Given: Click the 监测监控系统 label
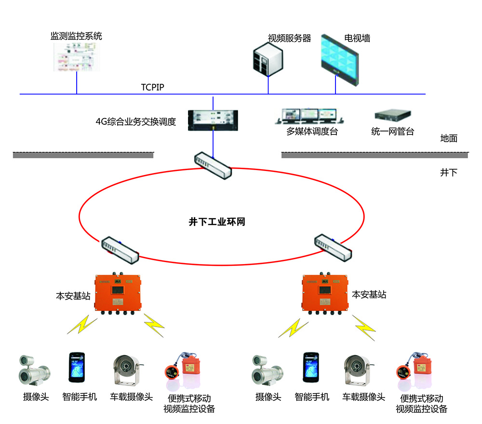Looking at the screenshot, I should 77,36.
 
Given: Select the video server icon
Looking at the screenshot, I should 267,60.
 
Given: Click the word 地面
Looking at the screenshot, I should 448,139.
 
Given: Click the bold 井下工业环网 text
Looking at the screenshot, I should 217,222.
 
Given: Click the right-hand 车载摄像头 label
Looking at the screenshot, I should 364,397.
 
